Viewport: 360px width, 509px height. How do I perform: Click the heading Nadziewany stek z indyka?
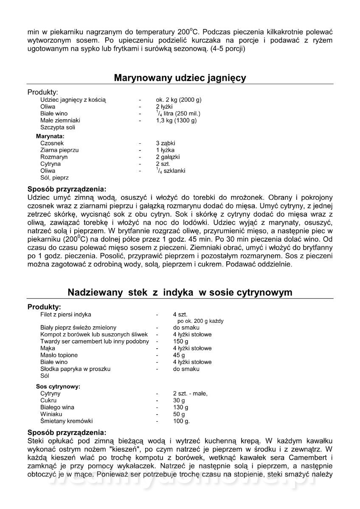[x=180, y=293]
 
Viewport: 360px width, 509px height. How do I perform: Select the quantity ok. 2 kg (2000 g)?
[x=178, y=100]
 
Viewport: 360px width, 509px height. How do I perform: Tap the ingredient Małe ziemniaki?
[x=60, y=120]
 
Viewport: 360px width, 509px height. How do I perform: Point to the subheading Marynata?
[x=50, y=137]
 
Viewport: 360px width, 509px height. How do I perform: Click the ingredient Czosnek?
[x=53, y=143]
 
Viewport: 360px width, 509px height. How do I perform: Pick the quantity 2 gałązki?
[x=168, y=157]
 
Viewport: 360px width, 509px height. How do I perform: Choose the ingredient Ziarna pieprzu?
[x=59, y=150]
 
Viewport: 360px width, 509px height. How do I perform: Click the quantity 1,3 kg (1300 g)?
[x=176, y=120]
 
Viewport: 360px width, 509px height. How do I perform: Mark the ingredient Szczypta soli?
[x=58, y=127]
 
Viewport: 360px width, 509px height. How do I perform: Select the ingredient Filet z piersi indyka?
[x=65, y=314]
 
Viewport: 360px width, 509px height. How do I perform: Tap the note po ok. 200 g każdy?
[x=200, y=321]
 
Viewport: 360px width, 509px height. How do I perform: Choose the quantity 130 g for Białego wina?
[x=180, y=407]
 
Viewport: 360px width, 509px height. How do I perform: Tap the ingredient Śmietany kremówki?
[x=66, y=421]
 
